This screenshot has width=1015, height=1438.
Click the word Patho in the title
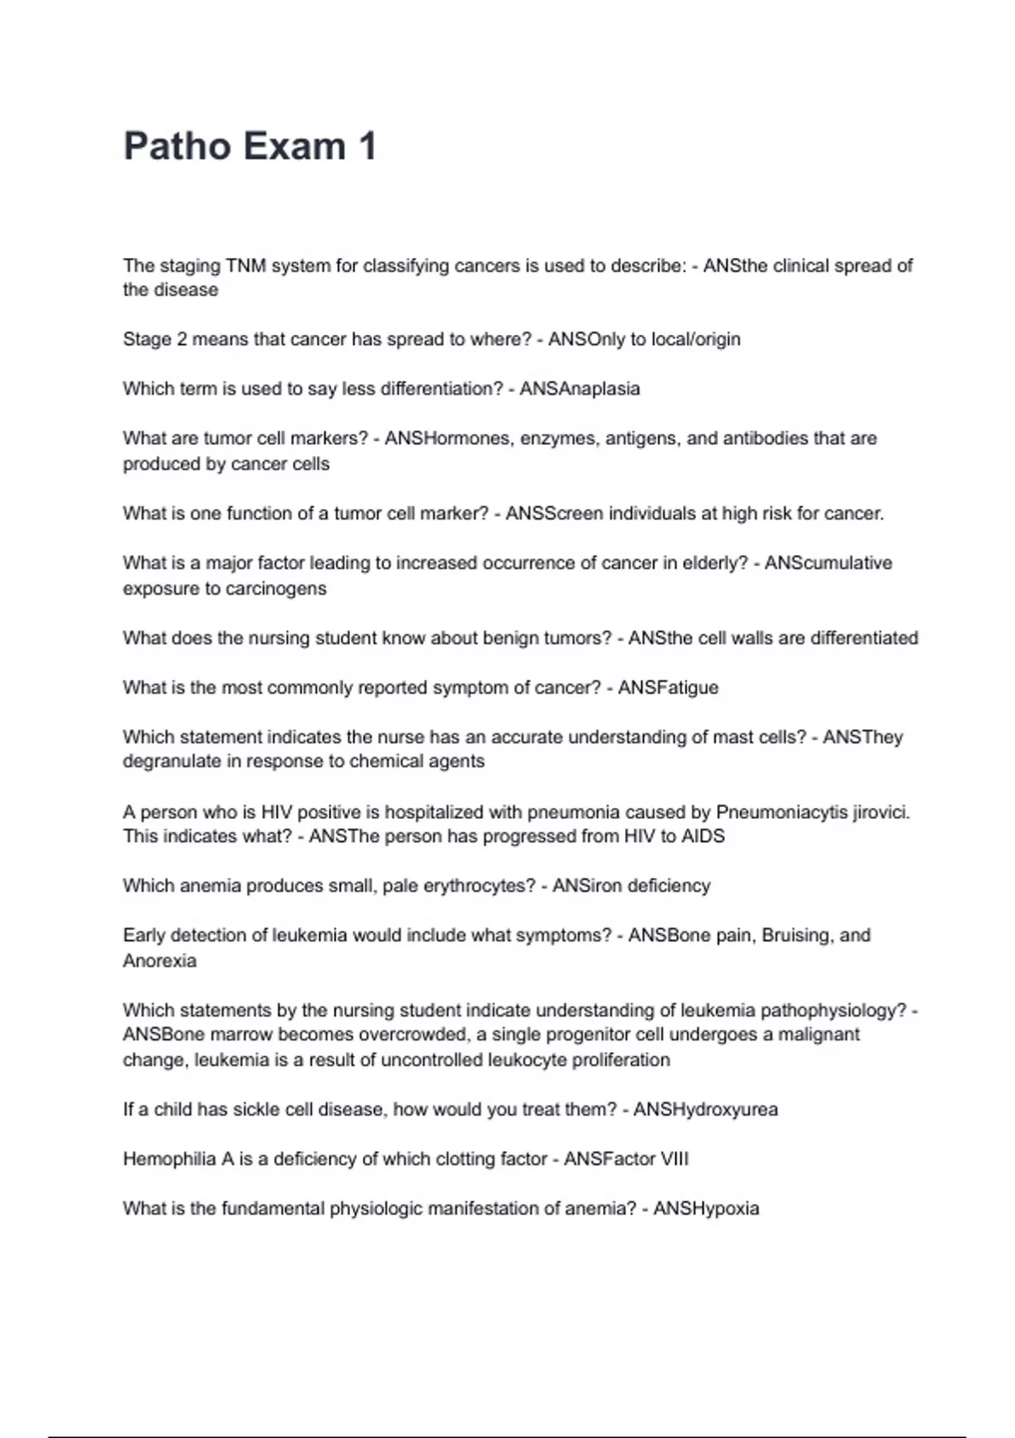click(x=176, y=146)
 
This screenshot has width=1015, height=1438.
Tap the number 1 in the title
click(x=367, y=146)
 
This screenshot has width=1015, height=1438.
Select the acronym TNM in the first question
click(x=246, y=266)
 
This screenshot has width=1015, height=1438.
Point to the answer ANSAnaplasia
click(x=579, y=389)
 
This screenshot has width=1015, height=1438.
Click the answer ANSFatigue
click(x=668, y=688)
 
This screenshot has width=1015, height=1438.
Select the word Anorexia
click(x=159, y=961)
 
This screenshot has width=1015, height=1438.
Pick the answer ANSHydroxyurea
click(x=705, y=1110)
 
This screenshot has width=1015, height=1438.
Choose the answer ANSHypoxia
click(x=705, y=1209)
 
